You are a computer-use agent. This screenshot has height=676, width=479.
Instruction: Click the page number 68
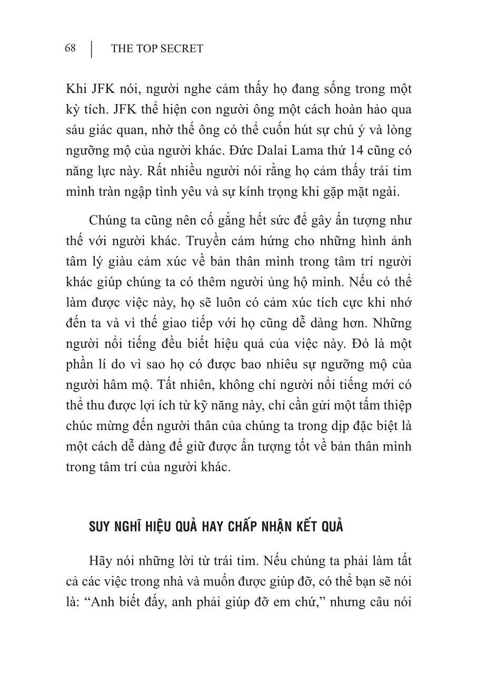70,49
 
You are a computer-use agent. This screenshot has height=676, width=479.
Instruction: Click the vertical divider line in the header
92,49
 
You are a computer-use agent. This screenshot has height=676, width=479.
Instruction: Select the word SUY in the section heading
101,527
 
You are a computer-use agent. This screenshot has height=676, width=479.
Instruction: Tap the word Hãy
102,561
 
